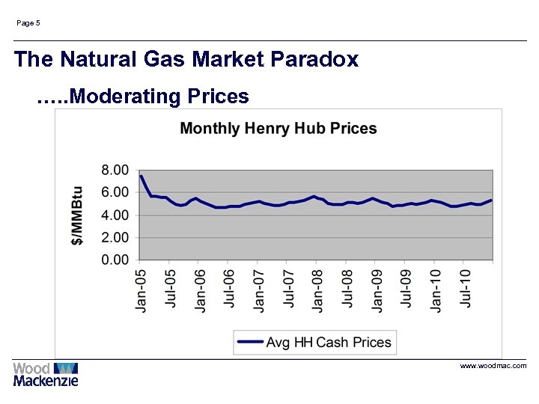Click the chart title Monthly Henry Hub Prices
(278, 129)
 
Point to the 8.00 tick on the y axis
(115, 170)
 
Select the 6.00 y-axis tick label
(115, 192)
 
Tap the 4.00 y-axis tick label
(115, 215)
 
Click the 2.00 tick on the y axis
(115, 237)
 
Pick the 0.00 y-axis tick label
(115, 260)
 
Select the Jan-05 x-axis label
(141, 290)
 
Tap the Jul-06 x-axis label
(229, 290)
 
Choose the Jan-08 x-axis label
(317, 290)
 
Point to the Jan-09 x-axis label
(377, 290)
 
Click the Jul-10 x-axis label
(465, 290)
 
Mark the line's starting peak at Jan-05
(141, 177)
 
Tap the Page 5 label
(28, 23)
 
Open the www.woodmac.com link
(493, 366)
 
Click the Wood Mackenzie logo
(46, 373)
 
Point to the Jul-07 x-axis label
(288, 290)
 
